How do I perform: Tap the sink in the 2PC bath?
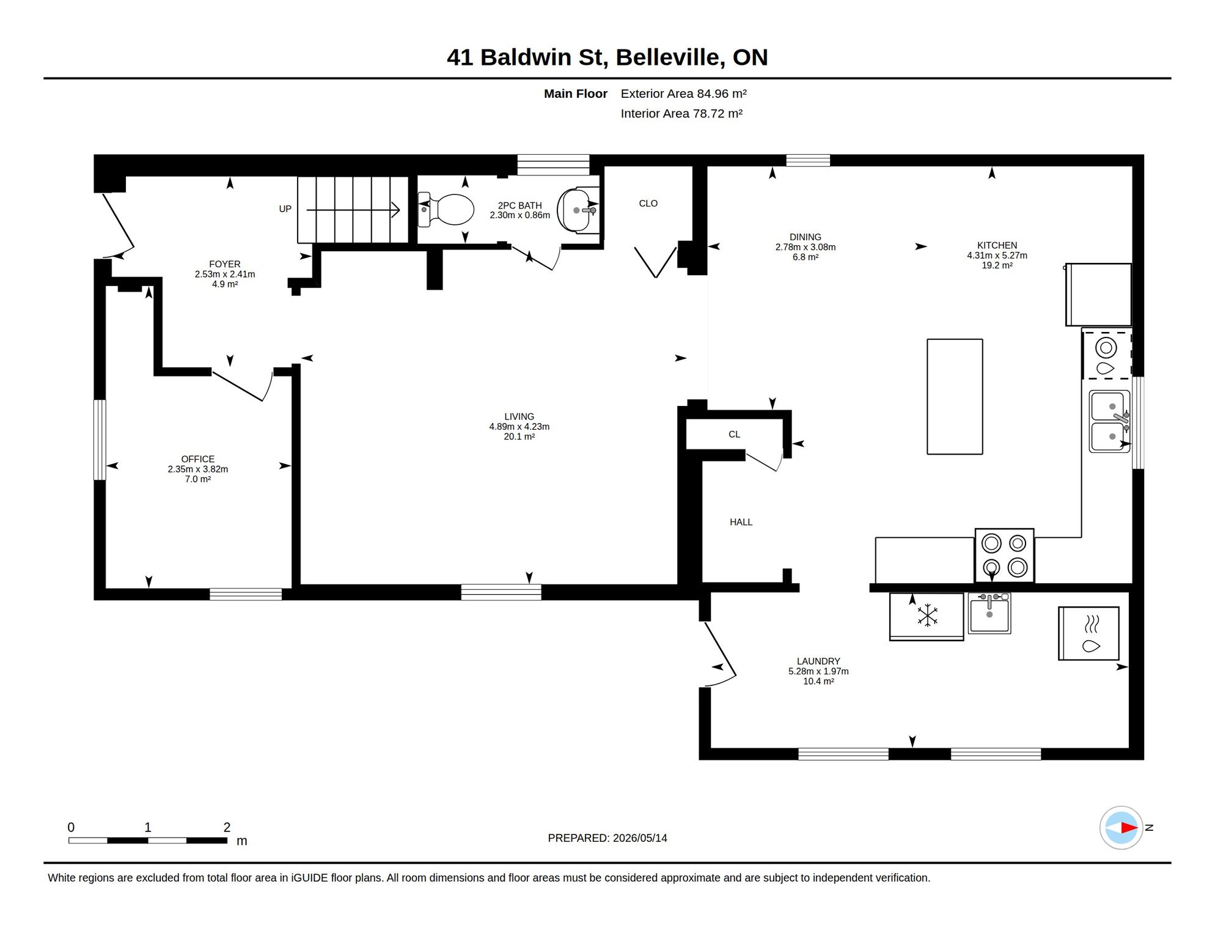578,210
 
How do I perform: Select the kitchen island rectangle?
955,397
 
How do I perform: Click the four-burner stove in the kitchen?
1005,555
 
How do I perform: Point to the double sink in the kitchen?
1110,422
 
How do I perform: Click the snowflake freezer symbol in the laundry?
927,616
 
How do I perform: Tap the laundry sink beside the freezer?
989,613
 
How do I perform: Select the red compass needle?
1129,828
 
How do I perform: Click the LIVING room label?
519,417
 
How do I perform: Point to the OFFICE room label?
197,459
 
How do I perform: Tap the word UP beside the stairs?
285,209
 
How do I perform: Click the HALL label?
741,522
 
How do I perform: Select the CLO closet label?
648,204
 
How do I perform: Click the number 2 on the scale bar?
227,827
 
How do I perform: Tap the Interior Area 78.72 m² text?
681,114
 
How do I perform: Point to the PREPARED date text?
607,838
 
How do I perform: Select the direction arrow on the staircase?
353,210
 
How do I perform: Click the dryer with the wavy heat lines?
1088,633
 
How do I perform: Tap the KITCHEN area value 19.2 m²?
997,265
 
